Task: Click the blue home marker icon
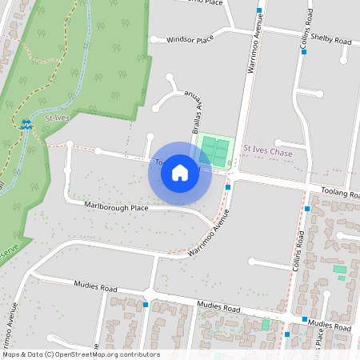(180, 173)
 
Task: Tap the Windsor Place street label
(189, 38)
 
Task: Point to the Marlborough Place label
(117, 207)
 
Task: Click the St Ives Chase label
(268, 151)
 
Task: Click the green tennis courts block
(214, 150)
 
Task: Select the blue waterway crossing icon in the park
(26, 124)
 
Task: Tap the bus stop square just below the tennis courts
(229, 187)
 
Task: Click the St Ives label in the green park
(57, 118)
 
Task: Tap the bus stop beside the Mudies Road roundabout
(146, 304)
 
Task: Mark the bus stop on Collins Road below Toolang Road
(306, 209)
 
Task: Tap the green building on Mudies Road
(266, 325)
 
